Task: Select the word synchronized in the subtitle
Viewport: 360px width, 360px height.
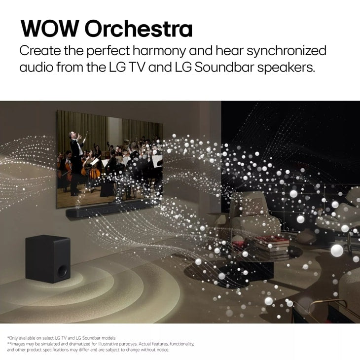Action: pos(283,51)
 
